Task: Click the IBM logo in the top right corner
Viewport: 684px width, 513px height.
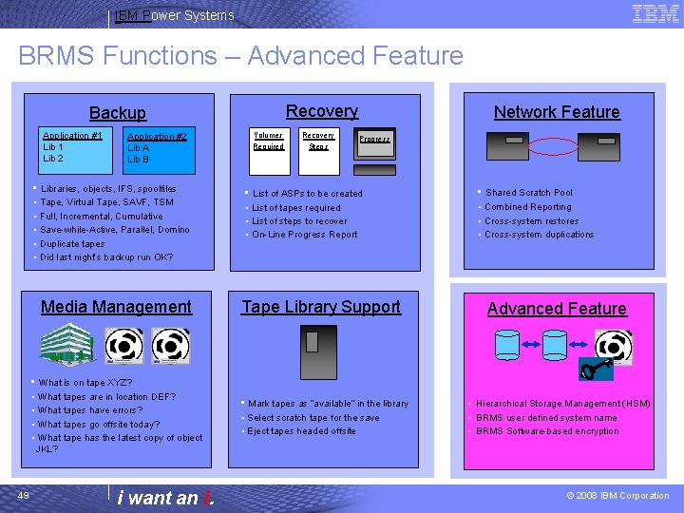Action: click(x=655, y=13)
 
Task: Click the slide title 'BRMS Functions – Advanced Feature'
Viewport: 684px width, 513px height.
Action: click(x=240, y=55)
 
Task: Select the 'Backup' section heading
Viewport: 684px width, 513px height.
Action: click(x=118, y=113)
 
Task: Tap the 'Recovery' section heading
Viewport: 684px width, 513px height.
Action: click(x=322, y=111)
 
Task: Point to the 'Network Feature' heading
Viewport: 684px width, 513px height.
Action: click(x=557, y=112)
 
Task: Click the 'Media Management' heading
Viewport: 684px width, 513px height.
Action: click(x=116, y=307)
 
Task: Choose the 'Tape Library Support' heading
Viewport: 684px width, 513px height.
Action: click(x=321, y=307)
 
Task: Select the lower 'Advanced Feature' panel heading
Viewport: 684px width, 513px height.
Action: click(x=557, y=309)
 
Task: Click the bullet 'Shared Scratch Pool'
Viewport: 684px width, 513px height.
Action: click(x=529, y=193)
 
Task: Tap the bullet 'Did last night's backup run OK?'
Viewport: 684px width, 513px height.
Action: click(x=106, y=257)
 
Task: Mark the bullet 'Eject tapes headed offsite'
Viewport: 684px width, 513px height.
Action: click(x=301, y=431)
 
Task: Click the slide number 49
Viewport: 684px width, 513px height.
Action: click(x=25, y=495)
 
